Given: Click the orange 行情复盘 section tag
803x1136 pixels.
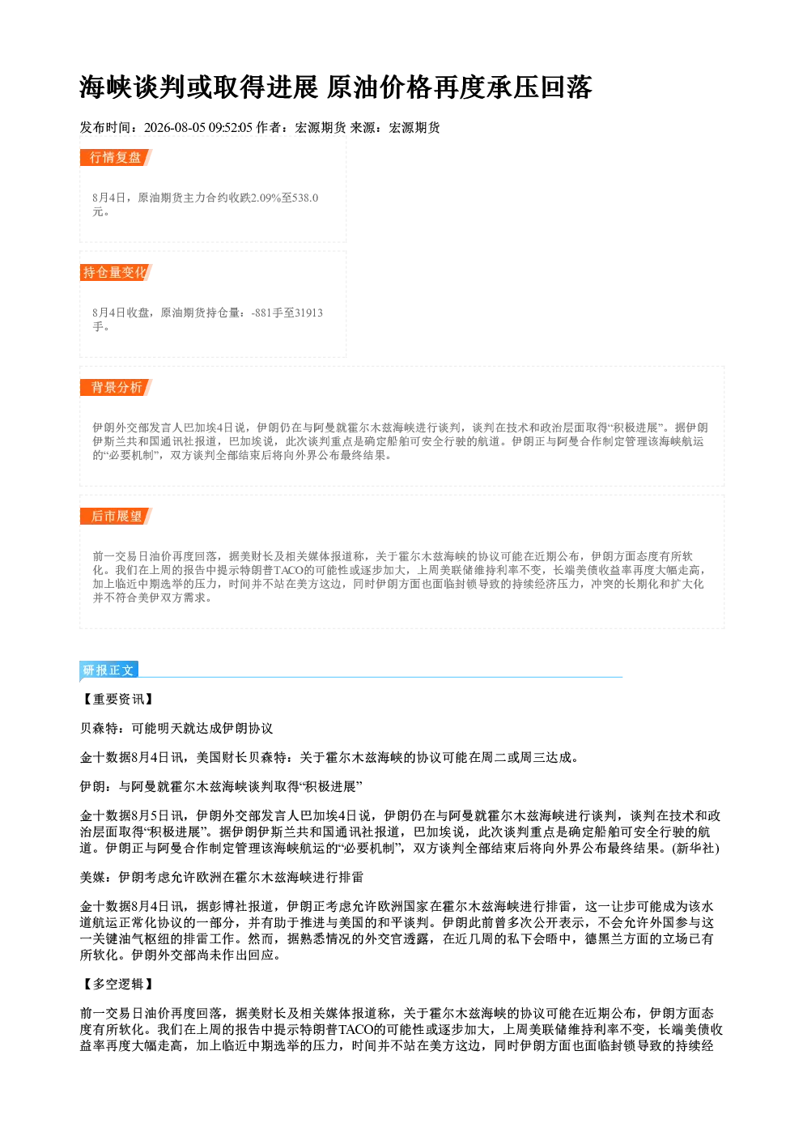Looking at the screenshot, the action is point(116,157).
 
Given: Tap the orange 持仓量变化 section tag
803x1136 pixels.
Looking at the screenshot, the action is point(116,272).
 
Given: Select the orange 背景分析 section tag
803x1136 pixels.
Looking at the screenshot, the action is point(116,388).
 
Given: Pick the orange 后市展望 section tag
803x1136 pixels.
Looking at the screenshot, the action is point(116,517).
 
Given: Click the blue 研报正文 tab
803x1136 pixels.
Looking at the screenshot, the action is point(108,670).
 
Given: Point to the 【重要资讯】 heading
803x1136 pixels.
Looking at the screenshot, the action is point(117,700).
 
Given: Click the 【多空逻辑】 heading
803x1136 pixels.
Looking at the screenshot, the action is point(117,985).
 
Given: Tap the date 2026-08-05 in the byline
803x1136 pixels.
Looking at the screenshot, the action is point(175,127).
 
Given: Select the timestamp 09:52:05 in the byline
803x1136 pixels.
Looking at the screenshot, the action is point(231,127).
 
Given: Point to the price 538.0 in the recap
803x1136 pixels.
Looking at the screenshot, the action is point(305,198).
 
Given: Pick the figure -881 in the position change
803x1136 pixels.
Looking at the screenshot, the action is point(261,313).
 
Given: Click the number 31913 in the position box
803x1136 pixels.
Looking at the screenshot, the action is point(308,313).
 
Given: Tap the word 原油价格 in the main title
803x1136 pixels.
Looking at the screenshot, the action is point(379,87).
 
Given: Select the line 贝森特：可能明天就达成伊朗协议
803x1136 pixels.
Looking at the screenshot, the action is point(176,728).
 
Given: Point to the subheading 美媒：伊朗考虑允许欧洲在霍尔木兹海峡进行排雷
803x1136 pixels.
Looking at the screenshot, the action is point(222,878).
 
